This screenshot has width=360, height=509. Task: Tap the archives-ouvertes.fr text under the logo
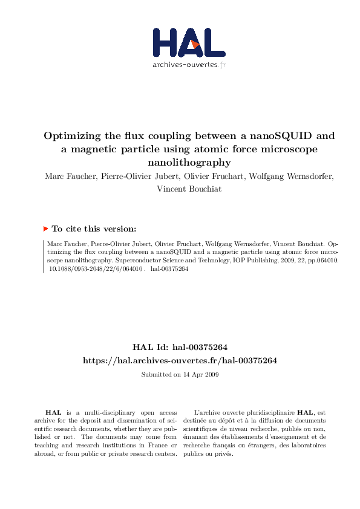point(189,64)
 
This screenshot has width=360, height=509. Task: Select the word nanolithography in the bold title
point(189,162)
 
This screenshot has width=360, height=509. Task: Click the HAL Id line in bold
point(180,347)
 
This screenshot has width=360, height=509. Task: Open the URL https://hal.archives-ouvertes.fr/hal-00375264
point(180,360)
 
